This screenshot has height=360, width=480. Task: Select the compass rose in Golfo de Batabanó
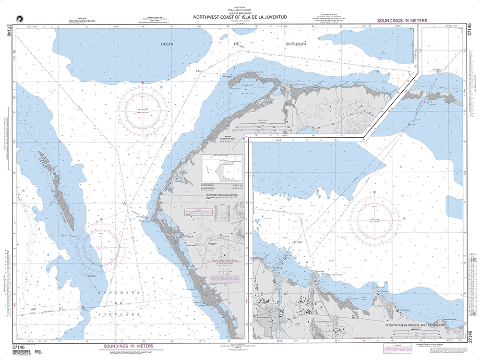coord(143,112)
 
